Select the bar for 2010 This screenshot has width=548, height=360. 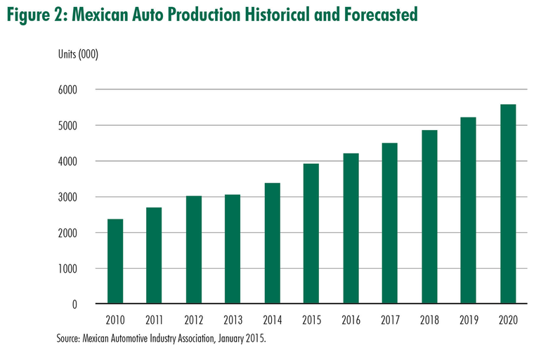[115, 262]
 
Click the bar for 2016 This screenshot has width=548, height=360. [351, 229]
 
